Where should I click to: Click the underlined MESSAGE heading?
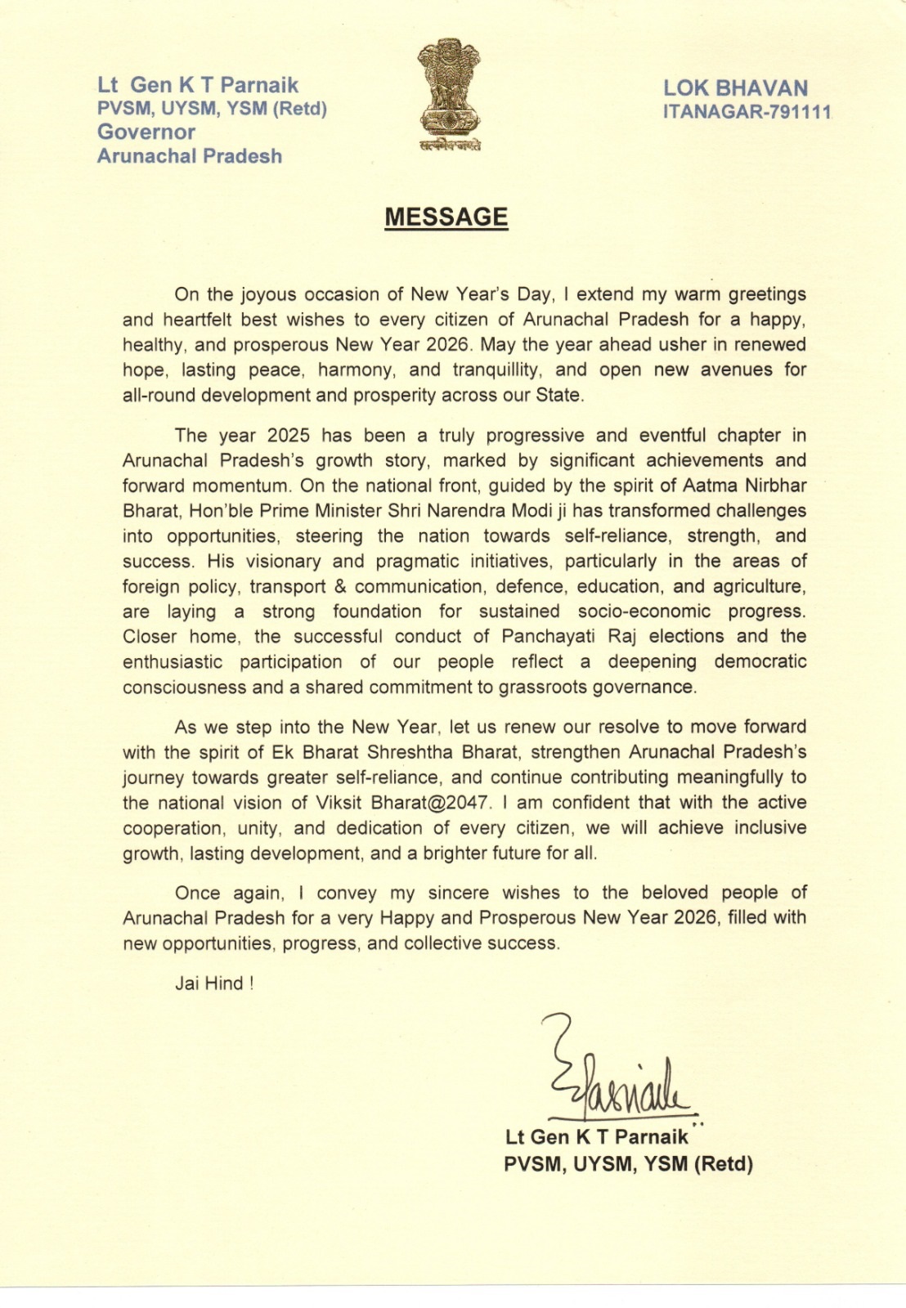coord(446,217)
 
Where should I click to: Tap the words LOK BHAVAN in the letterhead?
coord(735,88)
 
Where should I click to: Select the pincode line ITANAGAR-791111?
coord(747,112)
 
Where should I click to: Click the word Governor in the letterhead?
coord(146,132)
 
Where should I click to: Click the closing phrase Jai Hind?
coord(214,983)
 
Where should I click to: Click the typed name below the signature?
coord(597,1136)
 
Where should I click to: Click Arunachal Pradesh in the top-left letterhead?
coord(190,156)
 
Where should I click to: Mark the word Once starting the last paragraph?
coord(197,894)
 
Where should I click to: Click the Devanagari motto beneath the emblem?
coord(448,146)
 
